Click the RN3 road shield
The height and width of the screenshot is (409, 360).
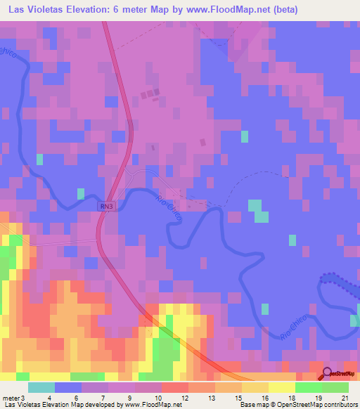(105, 206)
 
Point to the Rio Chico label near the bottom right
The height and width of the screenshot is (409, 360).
(295, 327)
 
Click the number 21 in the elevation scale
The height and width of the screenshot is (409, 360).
(344, 398)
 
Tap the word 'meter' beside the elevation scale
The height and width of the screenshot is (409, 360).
(12, 398)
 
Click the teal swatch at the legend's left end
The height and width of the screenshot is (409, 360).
(41, 387)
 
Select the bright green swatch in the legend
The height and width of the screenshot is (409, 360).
(309, 387)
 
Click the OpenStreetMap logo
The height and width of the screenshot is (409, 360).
(339, 374)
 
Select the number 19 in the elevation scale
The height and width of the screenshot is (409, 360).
(317, 398)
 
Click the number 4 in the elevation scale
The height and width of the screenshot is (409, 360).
(49, 398)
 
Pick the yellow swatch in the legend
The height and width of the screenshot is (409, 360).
(282, 387)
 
